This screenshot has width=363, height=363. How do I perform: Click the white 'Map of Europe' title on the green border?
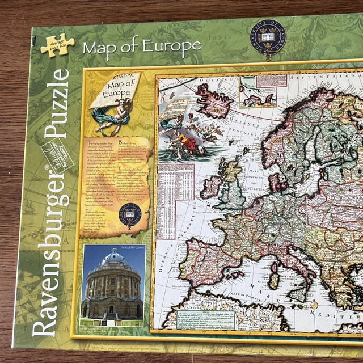point(141,45)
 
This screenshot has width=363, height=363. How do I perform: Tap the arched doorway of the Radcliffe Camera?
point(111,310)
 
